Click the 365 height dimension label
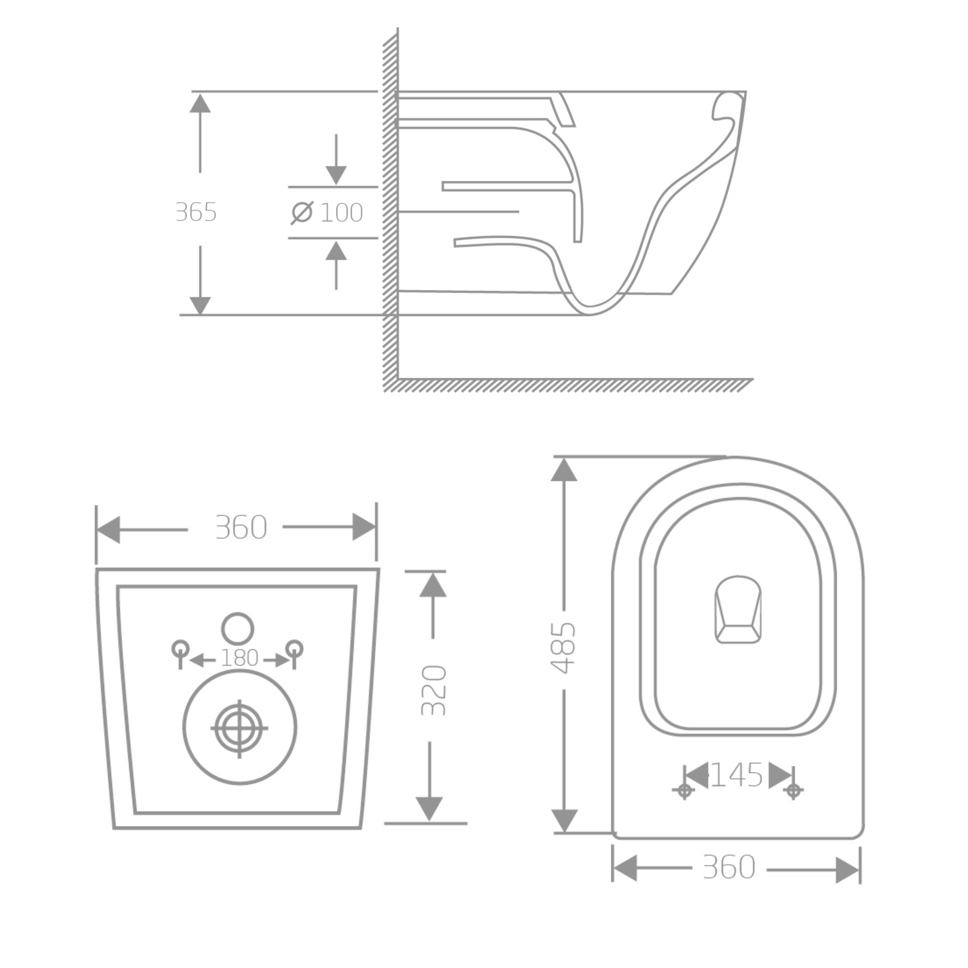[x=196, y=212]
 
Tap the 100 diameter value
[x=341, y=213]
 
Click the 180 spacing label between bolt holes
[x=239, y=658]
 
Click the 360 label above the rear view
[x=241, y=528]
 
